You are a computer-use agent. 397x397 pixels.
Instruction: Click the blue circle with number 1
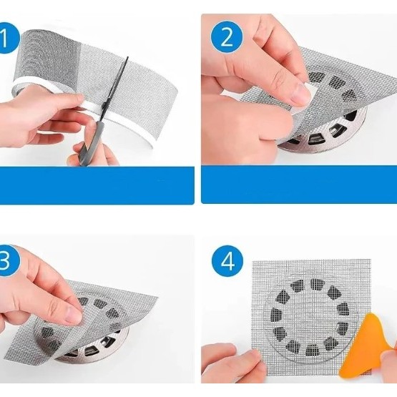[7, 38]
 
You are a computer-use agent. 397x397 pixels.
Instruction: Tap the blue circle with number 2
[227, 37]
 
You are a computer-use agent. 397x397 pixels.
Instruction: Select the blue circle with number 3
[7, 260]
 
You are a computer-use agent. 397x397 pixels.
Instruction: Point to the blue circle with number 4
[227, 260]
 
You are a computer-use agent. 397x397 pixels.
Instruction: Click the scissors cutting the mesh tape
[104, 112]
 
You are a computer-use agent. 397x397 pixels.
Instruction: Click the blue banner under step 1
[97, 185]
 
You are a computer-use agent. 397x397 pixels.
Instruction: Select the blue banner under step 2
[299, 185]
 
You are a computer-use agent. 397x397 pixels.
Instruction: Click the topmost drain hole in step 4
[315, 284]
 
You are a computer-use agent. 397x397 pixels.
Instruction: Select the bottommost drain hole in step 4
[311, 351]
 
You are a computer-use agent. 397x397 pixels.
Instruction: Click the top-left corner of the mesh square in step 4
[253, 260]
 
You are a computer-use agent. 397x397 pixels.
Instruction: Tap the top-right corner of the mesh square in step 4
[371, 259]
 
